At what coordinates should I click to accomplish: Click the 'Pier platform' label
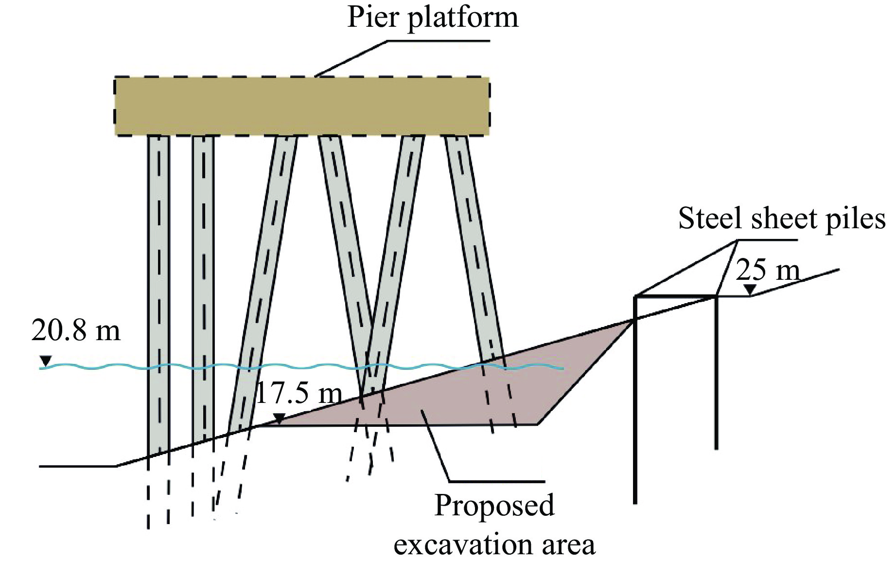(432, 18)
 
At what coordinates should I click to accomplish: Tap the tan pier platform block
(301, 106)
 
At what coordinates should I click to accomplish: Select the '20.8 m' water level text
(75, 331)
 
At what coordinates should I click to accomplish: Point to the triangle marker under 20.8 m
(46, 361)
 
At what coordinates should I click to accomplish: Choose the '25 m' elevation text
(767, 271)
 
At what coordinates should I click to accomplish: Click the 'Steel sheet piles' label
(781, 218)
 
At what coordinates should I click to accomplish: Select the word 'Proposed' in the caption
(494, 505)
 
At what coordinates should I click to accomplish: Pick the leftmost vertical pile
(158, 292)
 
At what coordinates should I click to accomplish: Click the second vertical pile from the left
(203, 292)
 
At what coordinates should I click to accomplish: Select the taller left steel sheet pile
(635, 399)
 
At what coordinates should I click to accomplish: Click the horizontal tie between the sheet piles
(676, 296)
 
